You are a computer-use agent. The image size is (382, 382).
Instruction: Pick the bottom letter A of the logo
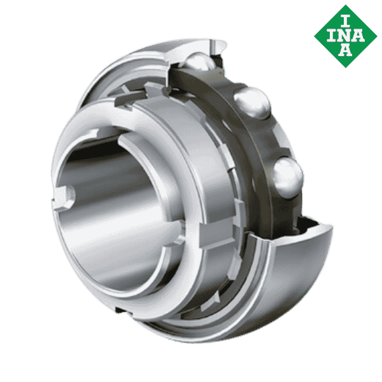tap(344, 52)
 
